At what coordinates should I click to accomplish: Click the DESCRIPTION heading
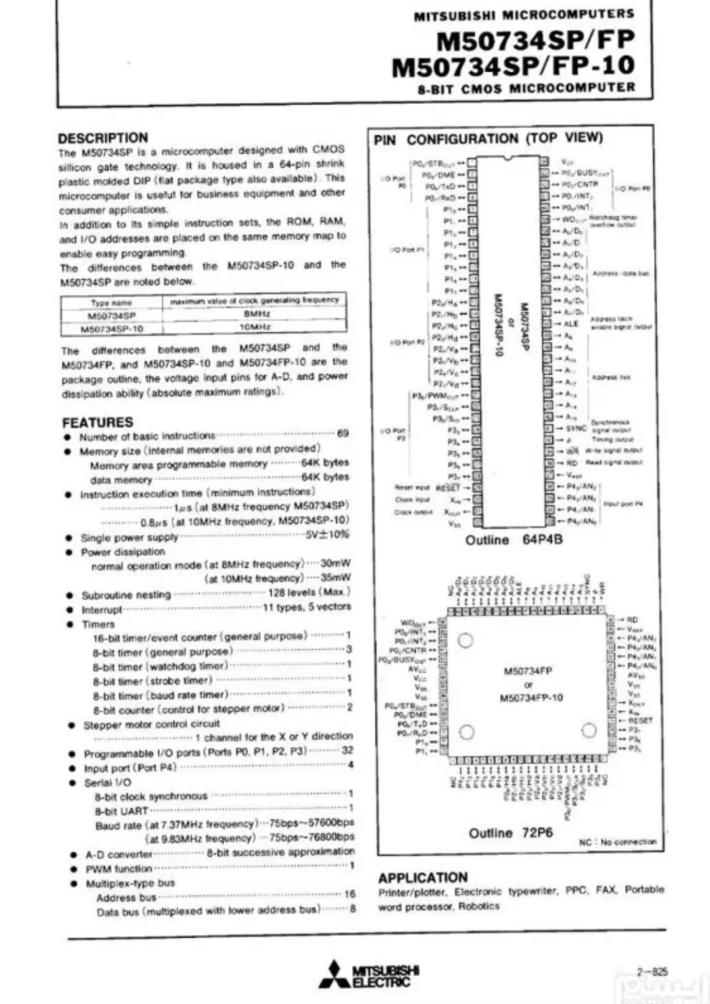click(x=103, y=138)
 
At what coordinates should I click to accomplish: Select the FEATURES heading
click(x=97, y=422)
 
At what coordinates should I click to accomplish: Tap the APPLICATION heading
click(x=423, y=878)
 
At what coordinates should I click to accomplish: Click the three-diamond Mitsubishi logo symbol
click(x=335, y=975)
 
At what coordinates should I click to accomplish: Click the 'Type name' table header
click(x=111, y=302)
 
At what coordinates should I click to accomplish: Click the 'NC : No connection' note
click(x=617, y=842)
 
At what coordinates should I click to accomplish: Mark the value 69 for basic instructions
click(x=343, y=434)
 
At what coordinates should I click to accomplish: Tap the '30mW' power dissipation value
click(x=335, y=563)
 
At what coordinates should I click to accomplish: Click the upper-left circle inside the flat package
click(x=465, y=640)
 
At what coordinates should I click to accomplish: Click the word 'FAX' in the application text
click(x=606, y=890)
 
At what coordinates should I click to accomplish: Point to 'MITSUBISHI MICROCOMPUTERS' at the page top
click(x=524, y=14)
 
